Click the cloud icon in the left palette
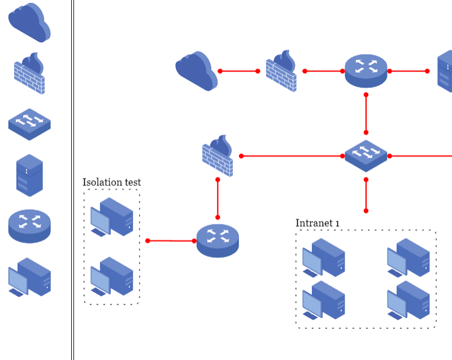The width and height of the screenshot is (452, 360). tap(29, 23)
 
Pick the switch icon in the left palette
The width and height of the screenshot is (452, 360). tap(29, 124)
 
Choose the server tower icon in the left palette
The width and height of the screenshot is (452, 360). tap(29, 175)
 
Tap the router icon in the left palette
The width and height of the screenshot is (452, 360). tap(29, 225)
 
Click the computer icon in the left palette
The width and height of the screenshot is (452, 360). tap(29, 277)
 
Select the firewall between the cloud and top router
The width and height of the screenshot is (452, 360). tap(281, 72)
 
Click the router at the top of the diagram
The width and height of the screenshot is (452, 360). tap(366, 71)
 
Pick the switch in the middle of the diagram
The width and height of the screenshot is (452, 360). tap(366, 155)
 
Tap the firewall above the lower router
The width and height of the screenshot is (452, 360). tap(218, 156)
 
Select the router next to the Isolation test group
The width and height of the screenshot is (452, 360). tap(218, 240)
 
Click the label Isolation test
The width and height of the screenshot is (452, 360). tap(112, 182)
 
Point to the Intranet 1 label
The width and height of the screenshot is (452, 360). tap(318, 223)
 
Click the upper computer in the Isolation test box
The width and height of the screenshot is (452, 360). tap(112, 217)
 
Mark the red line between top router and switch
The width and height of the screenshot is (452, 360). tap(366, 113)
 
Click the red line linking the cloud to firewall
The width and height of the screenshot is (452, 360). tap(239, 71)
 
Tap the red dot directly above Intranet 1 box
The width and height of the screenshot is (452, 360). tap(366, 211)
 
